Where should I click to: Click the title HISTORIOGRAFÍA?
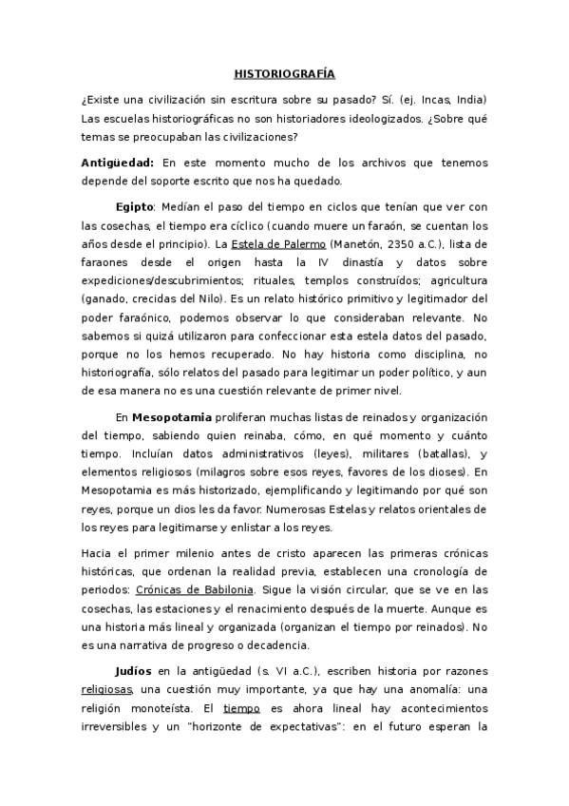tap(284, 73)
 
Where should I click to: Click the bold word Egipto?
tap(135, 208)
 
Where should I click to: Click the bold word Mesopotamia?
tap(167, 416)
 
